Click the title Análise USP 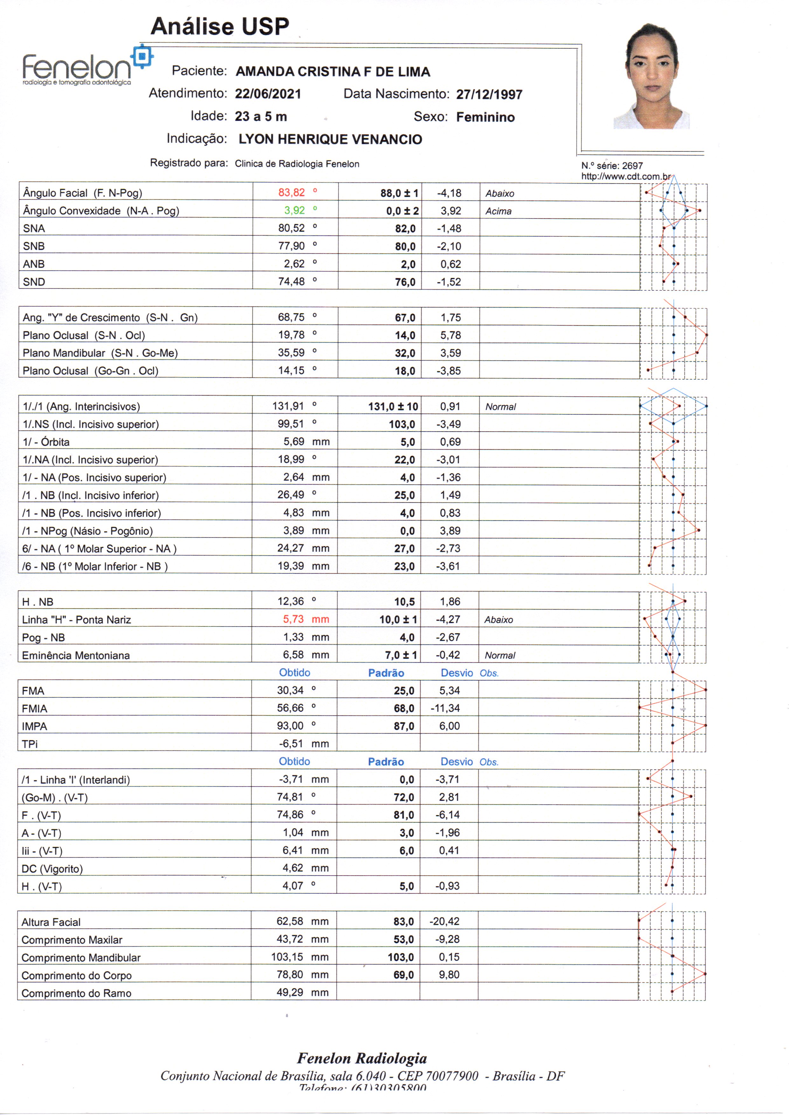pos(220,26)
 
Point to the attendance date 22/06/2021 pos(268,94)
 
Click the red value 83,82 pos(291,192)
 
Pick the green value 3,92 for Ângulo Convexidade pos(294,211)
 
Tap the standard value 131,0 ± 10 pos(393,406)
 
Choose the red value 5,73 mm pos(294,619)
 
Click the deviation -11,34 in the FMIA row pos(445,708)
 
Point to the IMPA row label pos(35,726)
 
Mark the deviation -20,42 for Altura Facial pos(444,921)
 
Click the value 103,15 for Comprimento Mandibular pos(287,957)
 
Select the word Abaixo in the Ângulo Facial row pos(500,193)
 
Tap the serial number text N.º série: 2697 pos(612,166)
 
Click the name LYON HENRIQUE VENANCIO pos(330,140)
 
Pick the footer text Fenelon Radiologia pos(362,1058)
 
